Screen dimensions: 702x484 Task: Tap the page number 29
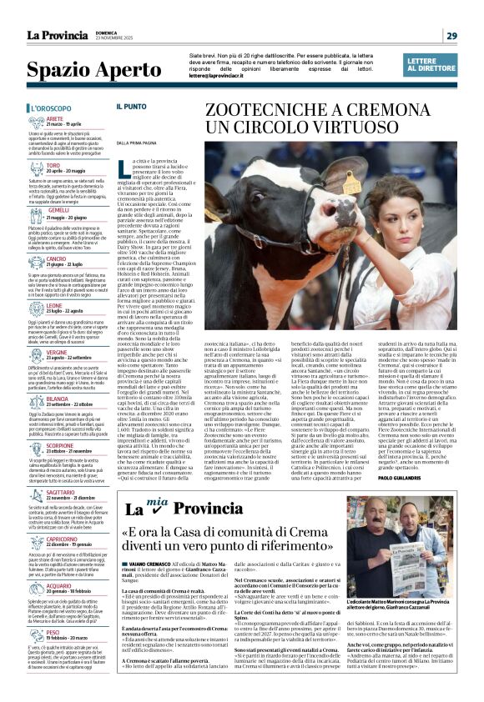(451, 35)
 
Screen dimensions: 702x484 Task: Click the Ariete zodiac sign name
(55, 119)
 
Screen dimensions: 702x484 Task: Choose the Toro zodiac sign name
(53, 165)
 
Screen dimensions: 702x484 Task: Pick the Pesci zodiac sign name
(53, 632)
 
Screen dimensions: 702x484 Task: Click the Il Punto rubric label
(131, 107)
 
